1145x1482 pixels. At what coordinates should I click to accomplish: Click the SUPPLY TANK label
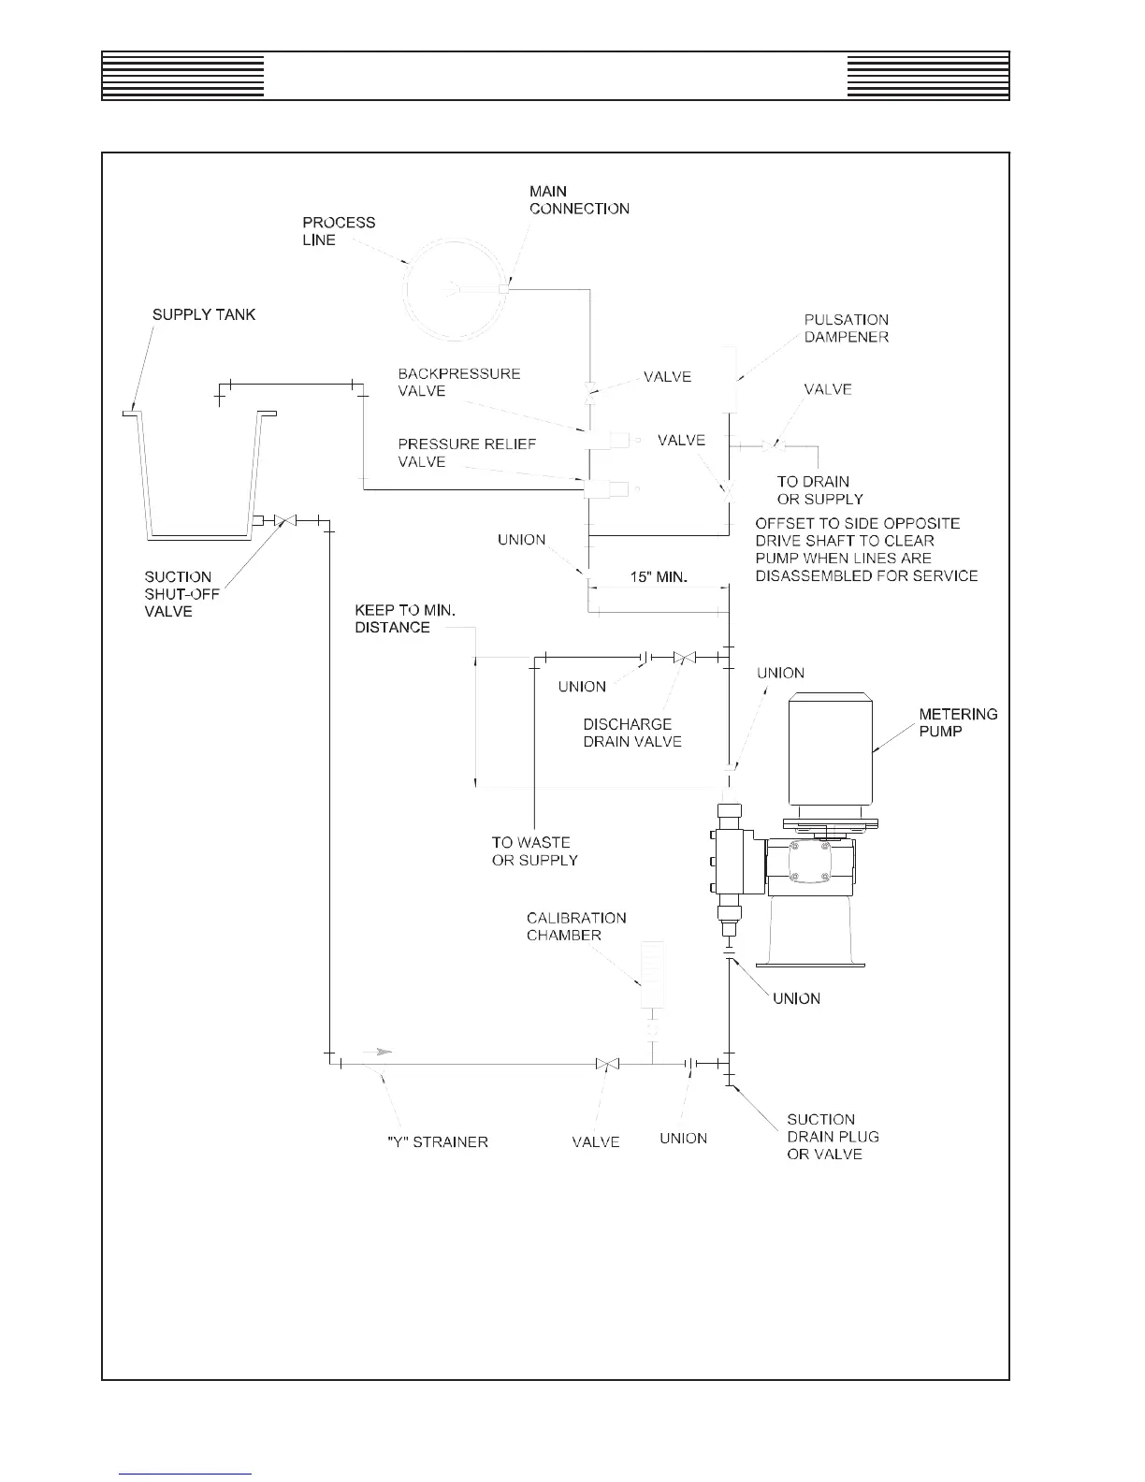tap(204, 314)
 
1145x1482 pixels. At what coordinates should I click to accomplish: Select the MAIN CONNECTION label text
tap(578, 200)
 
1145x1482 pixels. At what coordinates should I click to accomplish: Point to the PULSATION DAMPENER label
tap(846, 328)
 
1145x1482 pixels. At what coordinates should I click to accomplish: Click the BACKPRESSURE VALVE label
tap(458, 382)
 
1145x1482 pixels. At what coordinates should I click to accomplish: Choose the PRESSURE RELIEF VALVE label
tap(467, 453)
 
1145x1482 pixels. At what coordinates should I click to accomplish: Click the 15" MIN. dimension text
tap(659, 577)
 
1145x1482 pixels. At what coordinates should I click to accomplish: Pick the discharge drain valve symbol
tap(685, 658)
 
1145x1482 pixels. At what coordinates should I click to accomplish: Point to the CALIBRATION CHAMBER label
tap(576, 926)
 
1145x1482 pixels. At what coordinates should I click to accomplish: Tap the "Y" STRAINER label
tap(437, 1141)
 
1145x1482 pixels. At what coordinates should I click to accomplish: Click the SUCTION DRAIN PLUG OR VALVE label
tap(833, 1136)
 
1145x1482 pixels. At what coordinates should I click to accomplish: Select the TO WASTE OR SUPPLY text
tap(534, 851)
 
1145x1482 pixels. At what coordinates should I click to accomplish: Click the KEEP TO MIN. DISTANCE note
tap(405, 618)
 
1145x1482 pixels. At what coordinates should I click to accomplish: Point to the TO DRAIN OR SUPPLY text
tap(819, 490)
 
